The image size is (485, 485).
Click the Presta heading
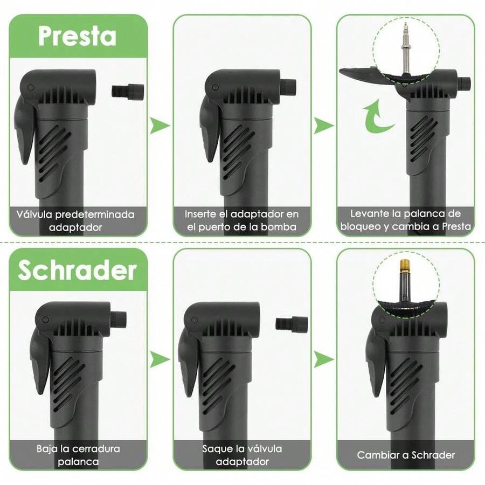(77, 36)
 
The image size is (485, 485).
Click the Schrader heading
(77, 270)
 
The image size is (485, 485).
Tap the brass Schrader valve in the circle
(405, 272)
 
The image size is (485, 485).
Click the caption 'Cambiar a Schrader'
(405, 455)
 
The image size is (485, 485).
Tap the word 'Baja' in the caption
(47, 448)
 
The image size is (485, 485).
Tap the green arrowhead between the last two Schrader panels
(324, 359)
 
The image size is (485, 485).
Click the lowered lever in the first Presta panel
(24, 132)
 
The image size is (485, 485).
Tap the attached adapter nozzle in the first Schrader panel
(119, 319)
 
